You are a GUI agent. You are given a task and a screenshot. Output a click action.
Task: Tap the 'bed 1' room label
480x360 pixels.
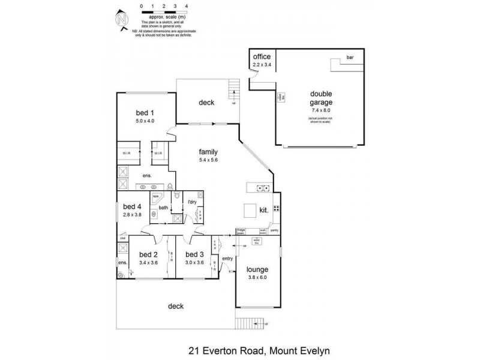pos(145,113)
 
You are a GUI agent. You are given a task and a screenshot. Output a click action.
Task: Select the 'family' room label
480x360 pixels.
pos(208,152)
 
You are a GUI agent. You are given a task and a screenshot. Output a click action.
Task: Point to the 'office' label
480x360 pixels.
pos(262,56)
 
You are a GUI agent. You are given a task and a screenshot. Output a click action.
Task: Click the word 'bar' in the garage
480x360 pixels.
pos(350,58)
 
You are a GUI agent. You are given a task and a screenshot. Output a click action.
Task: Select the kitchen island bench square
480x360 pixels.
pos(250,211)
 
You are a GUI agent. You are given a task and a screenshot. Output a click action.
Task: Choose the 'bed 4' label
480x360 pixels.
pos(131,207)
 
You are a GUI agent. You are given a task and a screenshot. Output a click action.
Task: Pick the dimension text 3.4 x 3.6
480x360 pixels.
pos(148,262)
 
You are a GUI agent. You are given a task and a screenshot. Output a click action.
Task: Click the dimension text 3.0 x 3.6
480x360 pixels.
pos(195,262)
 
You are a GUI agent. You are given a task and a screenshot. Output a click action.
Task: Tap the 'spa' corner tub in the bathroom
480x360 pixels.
pos(155,197)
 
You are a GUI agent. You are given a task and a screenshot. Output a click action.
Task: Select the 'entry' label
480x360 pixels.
pos(227,259)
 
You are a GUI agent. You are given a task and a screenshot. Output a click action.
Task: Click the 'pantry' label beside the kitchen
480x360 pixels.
pos(274,230)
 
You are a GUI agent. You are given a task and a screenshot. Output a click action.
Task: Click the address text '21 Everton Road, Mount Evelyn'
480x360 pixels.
pos(260,350)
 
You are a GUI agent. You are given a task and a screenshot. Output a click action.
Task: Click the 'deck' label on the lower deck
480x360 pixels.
pos(176,306)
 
